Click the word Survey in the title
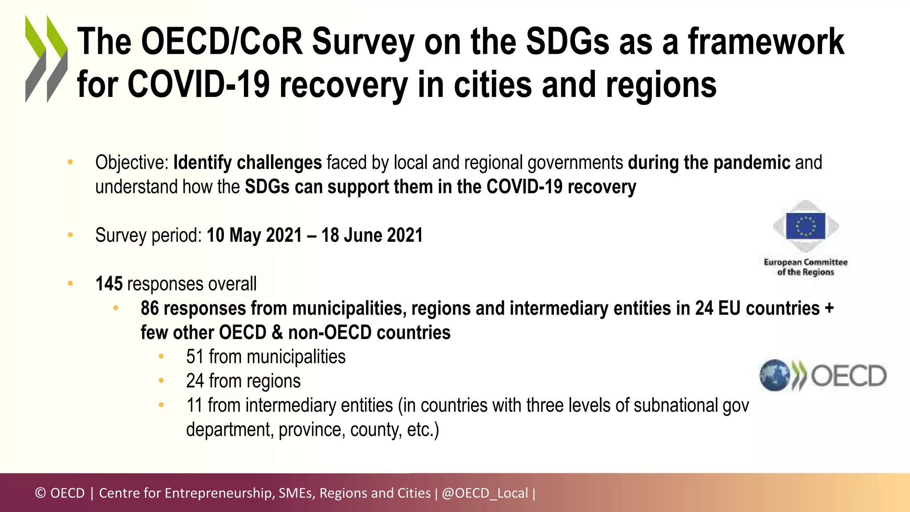tap(363, 42)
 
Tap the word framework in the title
tap(766, 41)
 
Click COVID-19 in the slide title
tap(199, 84)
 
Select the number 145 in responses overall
tap(109, 284)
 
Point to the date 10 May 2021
tap(254, 235)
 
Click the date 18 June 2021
tap(372, 235)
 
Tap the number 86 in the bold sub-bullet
tap(150, 308)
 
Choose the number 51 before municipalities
tap(195, 357)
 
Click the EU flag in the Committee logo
tap(805, 226)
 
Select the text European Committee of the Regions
tap(806, 267)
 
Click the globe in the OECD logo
tap(774, 375)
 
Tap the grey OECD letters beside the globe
tap(849, 376)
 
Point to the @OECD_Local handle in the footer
tap(485, 493)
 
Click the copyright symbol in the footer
tap(40, 493)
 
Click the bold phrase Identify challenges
tap(247, 163)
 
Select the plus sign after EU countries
tap(829, 308)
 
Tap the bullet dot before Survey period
tap(70, 235)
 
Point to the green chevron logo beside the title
tap(46, 59)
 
